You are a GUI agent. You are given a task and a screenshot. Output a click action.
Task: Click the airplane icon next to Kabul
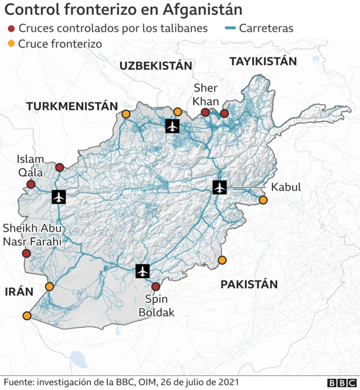pos(219,187)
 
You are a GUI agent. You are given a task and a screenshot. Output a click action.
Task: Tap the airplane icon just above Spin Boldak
pos(143,271)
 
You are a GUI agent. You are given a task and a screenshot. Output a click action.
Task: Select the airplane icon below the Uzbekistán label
pos(173,126)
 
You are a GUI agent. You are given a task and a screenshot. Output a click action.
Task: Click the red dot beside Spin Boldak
pos(156,287)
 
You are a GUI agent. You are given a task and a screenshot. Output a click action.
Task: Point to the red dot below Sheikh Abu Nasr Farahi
pos(26,253)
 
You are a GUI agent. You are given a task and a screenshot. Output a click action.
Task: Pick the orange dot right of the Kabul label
pos(263,200)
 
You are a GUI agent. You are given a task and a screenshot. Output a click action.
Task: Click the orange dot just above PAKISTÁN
pos(222,260)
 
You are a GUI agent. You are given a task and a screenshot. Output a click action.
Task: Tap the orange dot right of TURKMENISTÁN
pos(125,114)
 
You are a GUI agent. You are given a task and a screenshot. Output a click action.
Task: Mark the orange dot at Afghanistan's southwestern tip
pos(27,315)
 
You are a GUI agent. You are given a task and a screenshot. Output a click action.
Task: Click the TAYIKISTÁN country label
pos(263,61)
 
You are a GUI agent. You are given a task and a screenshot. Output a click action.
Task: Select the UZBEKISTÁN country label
pos(156,66)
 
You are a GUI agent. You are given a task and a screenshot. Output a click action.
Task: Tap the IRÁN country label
pos(19,292)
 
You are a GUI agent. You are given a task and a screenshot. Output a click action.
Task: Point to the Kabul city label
pos(286,187)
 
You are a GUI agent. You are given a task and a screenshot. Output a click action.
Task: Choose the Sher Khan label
pos(205,94)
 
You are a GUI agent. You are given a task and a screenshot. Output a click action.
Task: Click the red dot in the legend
pos(11,28)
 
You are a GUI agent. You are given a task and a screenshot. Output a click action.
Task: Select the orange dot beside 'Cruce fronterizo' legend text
pos(11,43)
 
